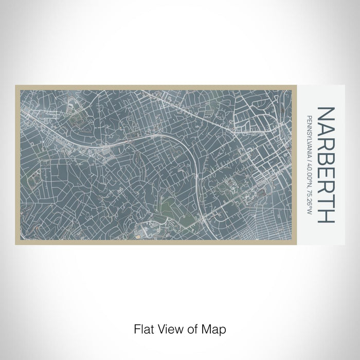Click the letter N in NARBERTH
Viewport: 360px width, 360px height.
click(x=327, y=114)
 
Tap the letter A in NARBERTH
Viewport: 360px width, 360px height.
click(x=327, y=129)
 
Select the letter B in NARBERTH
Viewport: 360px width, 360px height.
click(x=327, y=158)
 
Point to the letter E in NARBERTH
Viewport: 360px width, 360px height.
click(x=327, y=173)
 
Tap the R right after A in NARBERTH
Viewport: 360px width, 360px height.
click(x=327, y=143)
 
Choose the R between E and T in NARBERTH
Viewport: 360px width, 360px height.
click(x=327, y=187)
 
